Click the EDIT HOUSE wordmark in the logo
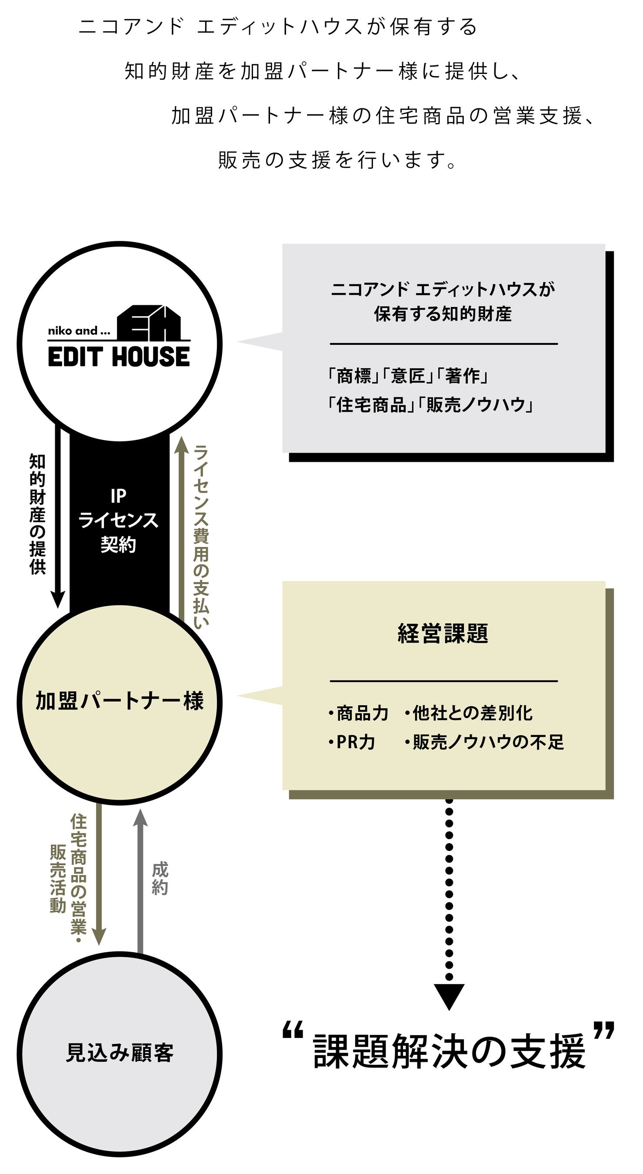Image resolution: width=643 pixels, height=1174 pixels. point(119,357)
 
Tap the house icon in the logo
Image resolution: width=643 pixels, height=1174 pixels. point(149,323)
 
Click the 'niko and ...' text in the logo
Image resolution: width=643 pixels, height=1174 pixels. point(79,331)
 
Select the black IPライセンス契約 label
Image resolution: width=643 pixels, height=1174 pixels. point(119,520)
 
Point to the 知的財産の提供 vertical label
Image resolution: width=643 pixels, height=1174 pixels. point(37,514)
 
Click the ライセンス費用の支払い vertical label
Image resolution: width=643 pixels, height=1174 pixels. point(201,537)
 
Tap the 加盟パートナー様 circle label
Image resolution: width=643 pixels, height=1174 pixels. point(120,700)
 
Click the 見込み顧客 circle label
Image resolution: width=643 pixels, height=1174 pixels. point(120,1053)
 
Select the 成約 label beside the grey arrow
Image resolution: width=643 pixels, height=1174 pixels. point(160,878)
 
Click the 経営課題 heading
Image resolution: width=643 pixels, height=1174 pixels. point(443,634)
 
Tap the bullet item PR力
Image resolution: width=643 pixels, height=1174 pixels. point(352,742)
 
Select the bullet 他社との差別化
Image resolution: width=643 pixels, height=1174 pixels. point(469,713)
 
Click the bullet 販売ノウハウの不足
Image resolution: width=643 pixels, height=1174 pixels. point(484,742)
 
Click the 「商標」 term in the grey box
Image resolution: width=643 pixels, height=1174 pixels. point(354,376)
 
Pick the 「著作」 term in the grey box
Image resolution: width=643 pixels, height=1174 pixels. point(463,376)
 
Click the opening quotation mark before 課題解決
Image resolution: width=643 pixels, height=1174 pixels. point(293,1031)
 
